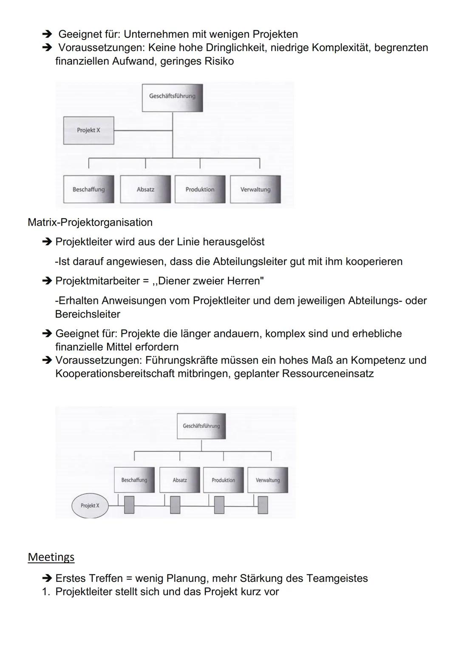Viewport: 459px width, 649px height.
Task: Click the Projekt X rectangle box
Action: coord(88,130)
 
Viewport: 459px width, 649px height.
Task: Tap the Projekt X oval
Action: coord(90,505)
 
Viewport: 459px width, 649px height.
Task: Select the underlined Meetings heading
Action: coord(51,557)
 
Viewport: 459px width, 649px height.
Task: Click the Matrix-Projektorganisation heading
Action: coord(90,222)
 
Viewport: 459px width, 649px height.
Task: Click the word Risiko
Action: coord(219,61)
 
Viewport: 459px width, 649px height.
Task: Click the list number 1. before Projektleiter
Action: coord(46,592)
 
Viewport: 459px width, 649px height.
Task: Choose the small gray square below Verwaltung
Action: coord(263,505)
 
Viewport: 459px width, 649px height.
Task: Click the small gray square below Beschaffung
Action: coord(129,505)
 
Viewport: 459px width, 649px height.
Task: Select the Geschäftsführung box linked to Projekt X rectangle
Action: coord(172,97)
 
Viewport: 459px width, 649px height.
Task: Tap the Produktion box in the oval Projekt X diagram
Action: coord(223,480)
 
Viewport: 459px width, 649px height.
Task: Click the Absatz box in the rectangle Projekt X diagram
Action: coord(145,190)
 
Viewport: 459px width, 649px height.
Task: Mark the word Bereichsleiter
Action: coord(88,314)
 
